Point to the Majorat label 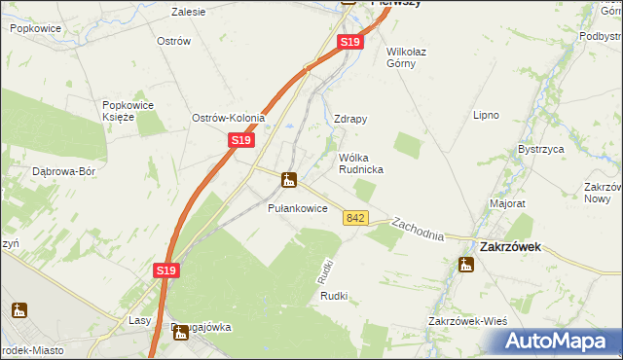tap(507, 204)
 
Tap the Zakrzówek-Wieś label tap(467, 321)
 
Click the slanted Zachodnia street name tap(418, 230)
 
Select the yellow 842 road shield tap(355, 218)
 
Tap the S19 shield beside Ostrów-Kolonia tap(242, 141)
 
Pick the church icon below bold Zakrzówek tap(467, 264)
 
